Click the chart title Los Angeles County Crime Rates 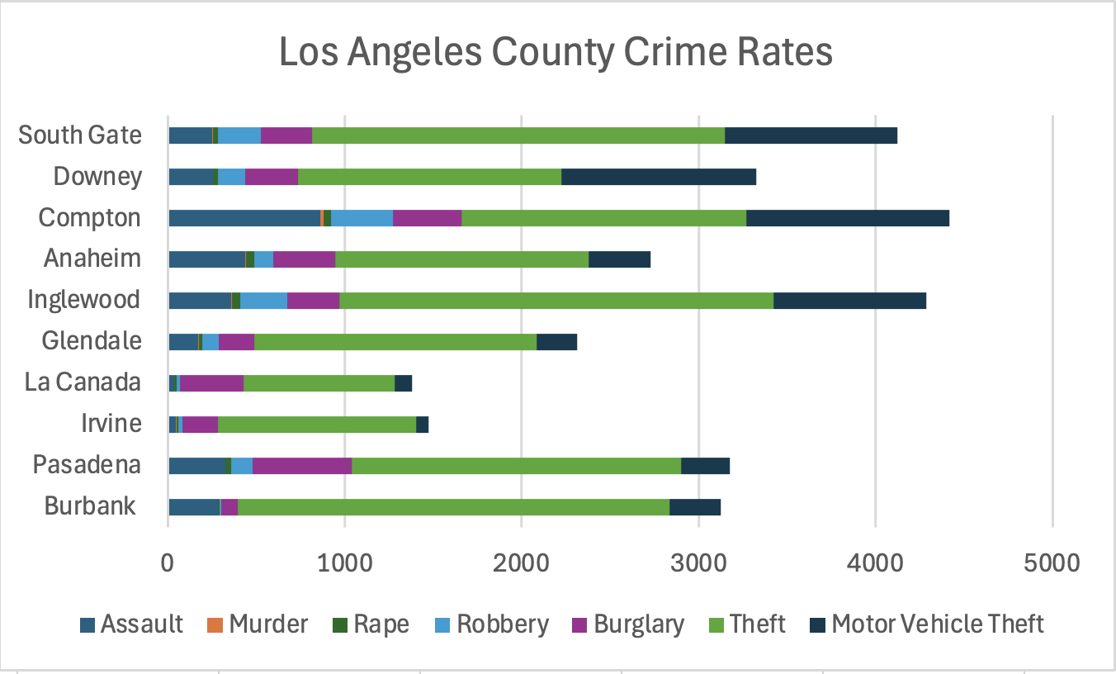[556, 53]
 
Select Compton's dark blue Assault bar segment [244, 218]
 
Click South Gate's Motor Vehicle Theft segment [811, 135]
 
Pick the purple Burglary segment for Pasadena [302, 465]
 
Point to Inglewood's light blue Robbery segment [263, 301]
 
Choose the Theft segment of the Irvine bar [317, 424]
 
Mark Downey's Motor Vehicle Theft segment [659, 177]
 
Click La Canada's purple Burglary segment [211, 382]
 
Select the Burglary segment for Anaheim [304, 259]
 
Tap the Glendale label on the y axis [92, 340]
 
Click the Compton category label [90, 218]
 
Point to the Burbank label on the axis [90, 505]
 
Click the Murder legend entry [268, 624]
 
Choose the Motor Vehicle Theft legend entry [938, 624]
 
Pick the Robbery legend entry [503, 624]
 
